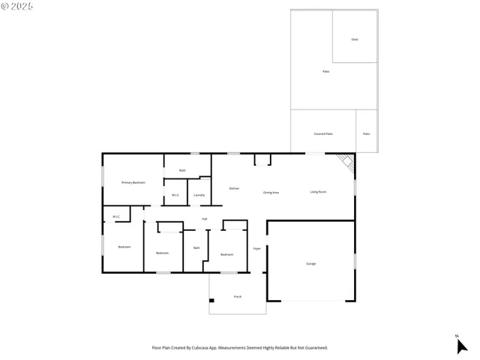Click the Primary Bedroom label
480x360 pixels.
[x=133, y=182]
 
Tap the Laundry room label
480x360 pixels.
[x=199, y=196]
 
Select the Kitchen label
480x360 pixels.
[x=234, y=188]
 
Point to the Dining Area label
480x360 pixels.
[x=271, y=193]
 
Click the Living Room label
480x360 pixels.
[x=318, y=192]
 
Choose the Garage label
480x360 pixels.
[x=310, y=264]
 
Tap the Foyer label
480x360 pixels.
[x=256, y=248]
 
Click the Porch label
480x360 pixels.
[x=238, y=297]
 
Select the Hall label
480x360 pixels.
[x=204, y=219]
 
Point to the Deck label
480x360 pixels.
[x=355, y=39]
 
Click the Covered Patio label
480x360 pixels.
[x=323, y=133]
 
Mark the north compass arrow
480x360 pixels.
[x=460, y=345]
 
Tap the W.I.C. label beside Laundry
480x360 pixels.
[x=175, y=196]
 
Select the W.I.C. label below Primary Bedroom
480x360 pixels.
[x=116, y=217]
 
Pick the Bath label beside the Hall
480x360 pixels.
[x=196, y=248]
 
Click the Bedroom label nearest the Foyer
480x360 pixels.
[x=226, y=255]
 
